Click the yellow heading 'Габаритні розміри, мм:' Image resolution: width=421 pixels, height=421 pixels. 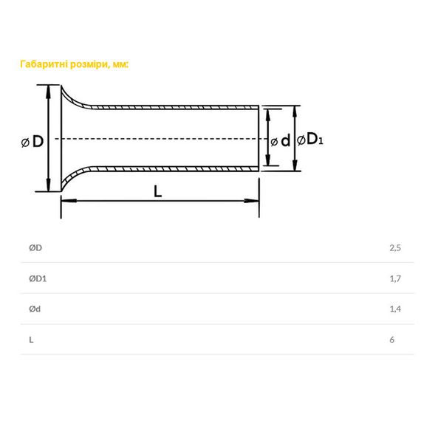[x=75, y=64]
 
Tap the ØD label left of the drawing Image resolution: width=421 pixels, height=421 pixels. [x=32, y=142]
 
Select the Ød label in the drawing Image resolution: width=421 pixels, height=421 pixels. [x=281, y=140]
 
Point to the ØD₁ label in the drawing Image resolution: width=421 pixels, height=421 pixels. [x=310, y=140]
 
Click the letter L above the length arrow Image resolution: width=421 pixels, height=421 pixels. [x=157, y=192]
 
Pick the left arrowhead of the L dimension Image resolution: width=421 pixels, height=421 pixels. [x=69, y=201]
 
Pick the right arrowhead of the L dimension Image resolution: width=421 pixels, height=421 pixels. [x=252, y=201]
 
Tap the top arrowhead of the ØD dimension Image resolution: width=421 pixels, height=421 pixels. [x=48, y=93]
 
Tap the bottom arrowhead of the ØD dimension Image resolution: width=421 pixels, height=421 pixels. [x=48, y=184]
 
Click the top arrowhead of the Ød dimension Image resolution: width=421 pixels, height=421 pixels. [x=267, y=116]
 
